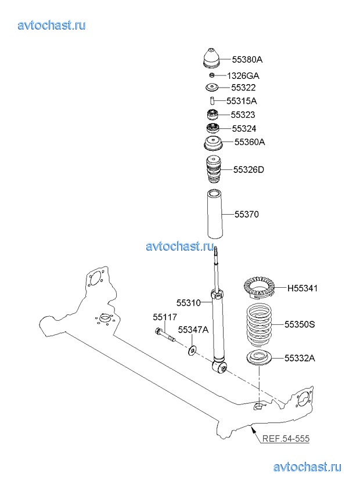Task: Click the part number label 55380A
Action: coord(247,59)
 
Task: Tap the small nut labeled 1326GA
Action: coord(213,75)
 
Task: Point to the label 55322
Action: coord(243,88)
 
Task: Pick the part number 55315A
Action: coord(241,101)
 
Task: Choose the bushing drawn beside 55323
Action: coord(213,115)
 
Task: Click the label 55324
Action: coord(244,128)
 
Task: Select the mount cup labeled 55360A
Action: coord(213,143)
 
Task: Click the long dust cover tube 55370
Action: coord(214,215)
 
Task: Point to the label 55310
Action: coord(189,302)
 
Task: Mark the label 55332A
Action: coord(300,358)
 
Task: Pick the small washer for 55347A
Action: coord(192,350)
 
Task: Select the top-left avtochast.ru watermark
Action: coord(52,25)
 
